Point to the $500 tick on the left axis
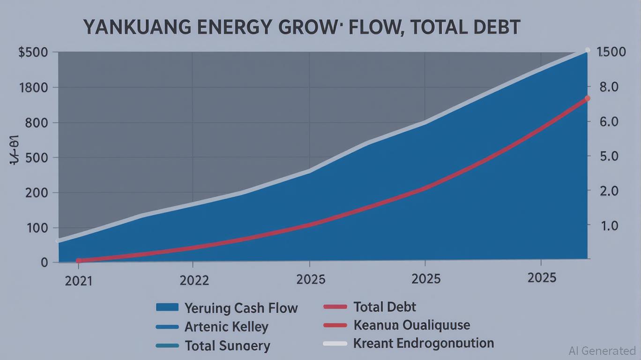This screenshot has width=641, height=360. (x=33, y=52)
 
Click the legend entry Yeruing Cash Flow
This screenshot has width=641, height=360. (x=241, y=308)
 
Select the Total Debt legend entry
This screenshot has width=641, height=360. (x=384, y=307)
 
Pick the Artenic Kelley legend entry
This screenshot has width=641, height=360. (x=226, y=326)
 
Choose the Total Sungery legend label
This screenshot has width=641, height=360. (x=227, y=346)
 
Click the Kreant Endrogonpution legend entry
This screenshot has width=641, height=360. (x=423, y=343)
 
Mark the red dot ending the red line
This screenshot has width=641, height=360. (x=588, y=98)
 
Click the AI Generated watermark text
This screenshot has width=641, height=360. (x=602, y=350)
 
